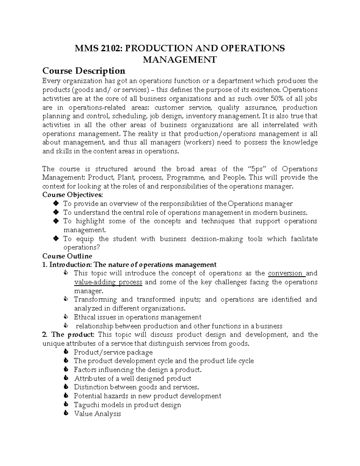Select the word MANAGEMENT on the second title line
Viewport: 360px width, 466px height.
point(179,60)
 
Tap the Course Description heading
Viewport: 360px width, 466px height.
point(84,71)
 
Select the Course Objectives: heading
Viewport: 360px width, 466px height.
point(72,195)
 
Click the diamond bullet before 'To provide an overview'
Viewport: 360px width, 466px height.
point(55,204)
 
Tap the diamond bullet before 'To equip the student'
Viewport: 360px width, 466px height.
point(55,239)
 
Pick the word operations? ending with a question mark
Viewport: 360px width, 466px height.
point(81,248)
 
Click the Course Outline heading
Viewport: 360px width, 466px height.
point(67,256)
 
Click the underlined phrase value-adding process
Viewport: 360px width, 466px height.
point(108,282)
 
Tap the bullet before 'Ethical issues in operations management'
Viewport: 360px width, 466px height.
point(66,317)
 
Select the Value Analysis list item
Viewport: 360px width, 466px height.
point(97,414)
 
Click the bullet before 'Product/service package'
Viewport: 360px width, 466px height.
point(66,352)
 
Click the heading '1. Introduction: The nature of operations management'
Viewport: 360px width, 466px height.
point(129,265)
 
